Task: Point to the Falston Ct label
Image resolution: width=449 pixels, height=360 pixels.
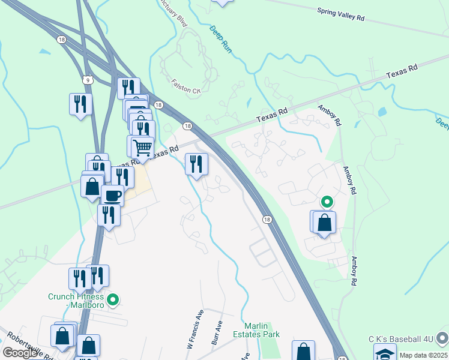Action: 185,89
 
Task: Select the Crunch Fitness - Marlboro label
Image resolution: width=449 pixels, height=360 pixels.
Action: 76,301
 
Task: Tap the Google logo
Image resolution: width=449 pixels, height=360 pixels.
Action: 20,352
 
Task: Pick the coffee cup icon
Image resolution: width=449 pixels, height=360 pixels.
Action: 112,195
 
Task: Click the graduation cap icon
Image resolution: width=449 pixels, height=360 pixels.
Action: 385,353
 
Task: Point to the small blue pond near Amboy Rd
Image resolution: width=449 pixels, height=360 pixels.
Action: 382,112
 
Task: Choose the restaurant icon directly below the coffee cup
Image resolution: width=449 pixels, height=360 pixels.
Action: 109,214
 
